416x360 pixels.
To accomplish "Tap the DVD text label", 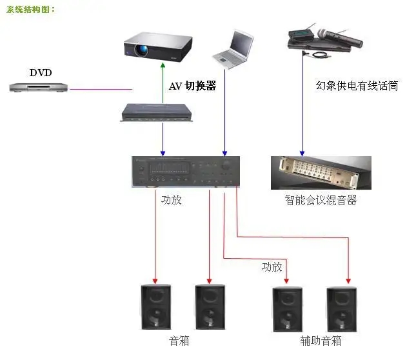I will point(40,72).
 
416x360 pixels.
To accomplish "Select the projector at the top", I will point(158,46).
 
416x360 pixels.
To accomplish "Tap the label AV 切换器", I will point(192,86).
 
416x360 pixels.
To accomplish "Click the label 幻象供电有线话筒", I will point(356,85).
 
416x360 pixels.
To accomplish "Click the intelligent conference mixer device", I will point(321,173).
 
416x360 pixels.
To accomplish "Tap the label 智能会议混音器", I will point(321,201).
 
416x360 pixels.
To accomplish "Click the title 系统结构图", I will point(30,10).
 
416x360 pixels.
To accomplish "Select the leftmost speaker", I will point(155,307).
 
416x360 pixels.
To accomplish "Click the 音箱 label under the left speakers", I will point(179,341).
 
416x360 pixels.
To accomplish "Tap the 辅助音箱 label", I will point(321,341).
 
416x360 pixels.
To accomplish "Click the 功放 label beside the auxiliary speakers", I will point(272,266).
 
